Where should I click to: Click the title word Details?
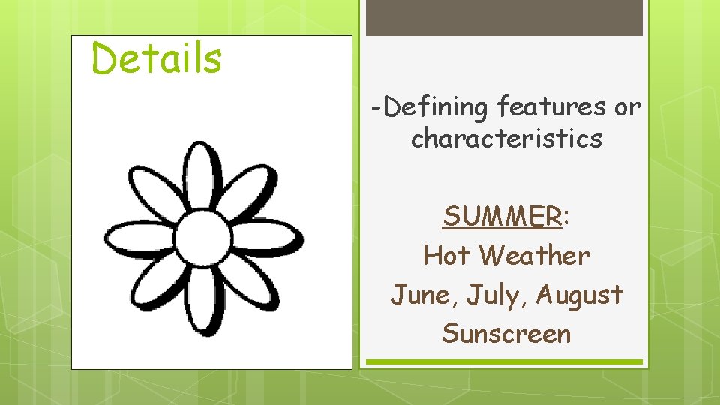click(x=157, y=58)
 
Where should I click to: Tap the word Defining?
click(x=435, y=108)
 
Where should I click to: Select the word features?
click(x=550, y=108)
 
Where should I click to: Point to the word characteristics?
click(x=506, y=139)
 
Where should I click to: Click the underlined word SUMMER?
click(x=502, y=217)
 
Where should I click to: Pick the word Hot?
click(x=447, y=256)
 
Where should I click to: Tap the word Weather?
click(x=535, y=256)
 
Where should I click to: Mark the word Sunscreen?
click(x=506, y=333)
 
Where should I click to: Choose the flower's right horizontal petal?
click(x=266, y=238)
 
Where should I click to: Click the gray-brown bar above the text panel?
click(x=504, y=17)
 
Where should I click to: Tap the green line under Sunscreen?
click(x=504, y=361)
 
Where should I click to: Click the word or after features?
click(x=627, y=108)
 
